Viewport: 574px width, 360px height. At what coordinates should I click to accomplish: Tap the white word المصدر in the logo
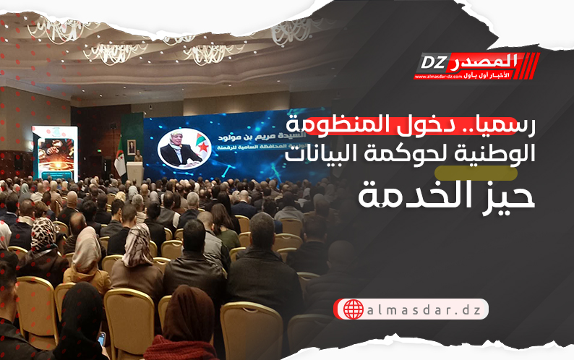485,59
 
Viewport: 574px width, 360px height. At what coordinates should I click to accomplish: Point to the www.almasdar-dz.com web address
440,75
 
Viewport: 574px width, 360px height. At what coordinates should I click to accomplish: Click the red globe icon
354,310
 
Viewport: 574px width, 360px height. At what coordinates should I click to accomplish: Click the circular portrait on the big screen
180,149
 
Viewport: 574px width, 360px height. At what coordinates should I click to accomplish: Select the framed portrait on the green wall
132,146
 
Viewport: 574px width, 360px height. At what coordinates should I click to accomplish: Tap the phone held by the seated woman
102,338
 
